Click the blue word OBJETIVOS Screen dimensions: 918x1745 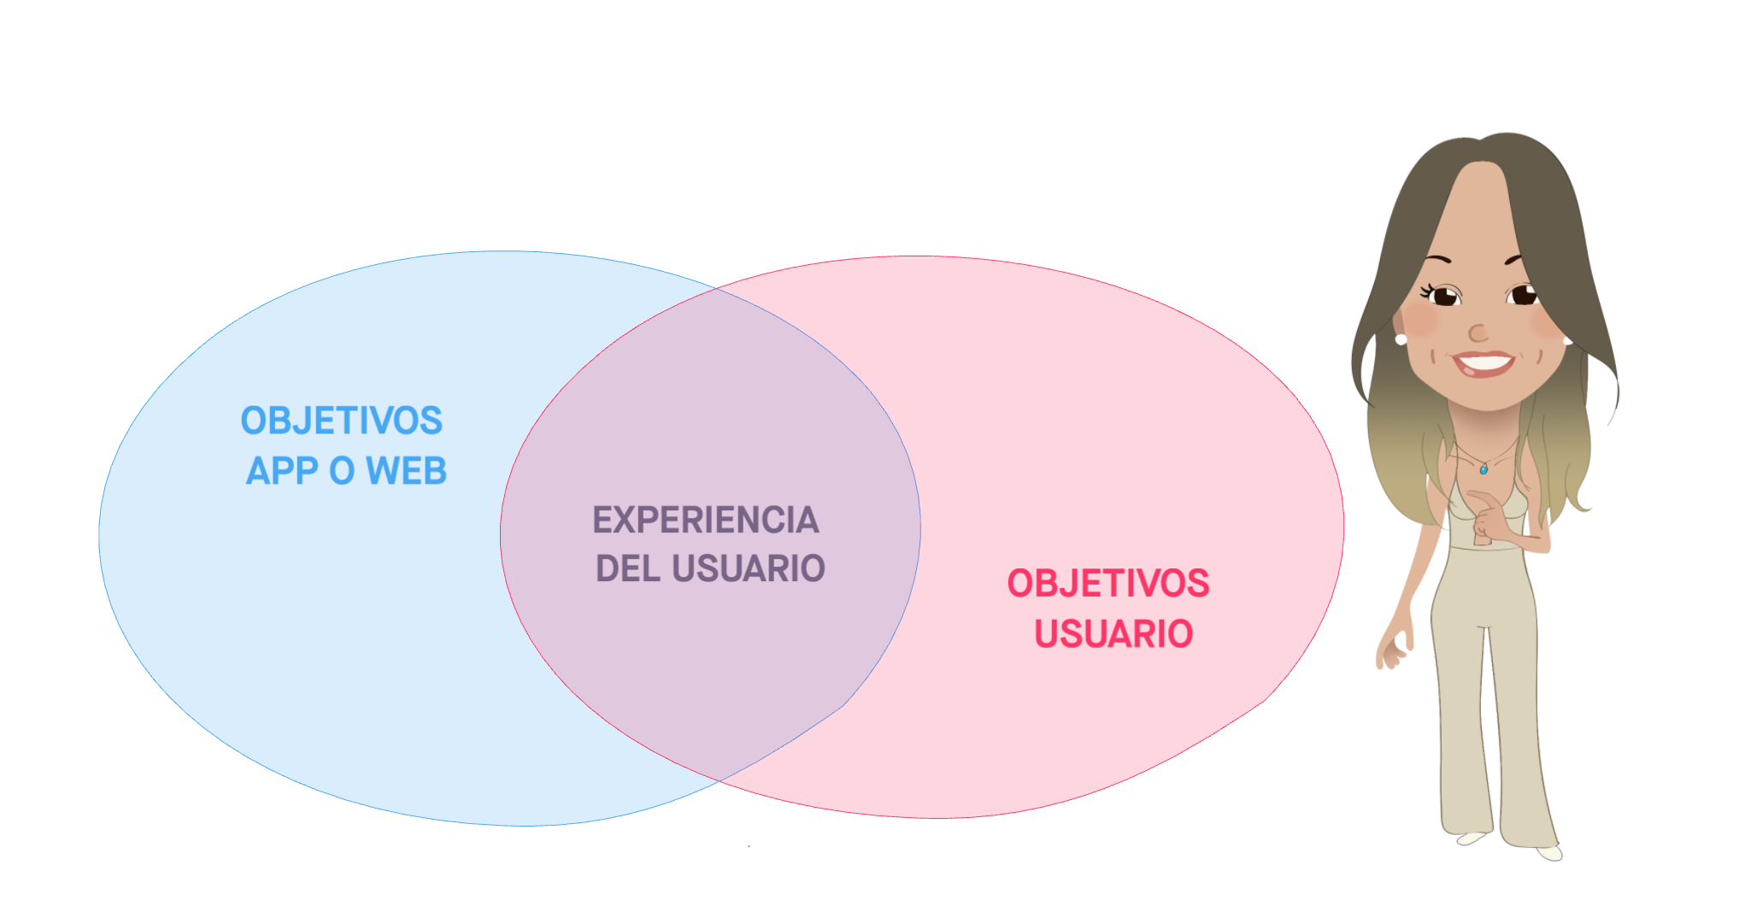[x=341, y=421]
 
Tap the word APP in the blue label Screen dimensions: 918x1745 [x=282, y=471]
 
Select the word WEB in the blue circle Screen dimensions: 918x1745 [x=406, y=471]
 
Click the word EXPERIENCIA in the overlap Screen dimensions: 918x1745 [x=706, y=520]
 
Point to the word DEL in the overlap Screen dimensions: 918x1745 [x=626, y=568]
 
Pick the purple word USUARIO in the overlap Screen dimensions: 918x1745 [x=749, y=568]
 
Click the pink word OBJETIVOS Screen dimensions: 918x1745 [x=1108, y=584]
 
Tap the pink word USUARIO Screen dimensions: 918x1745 [x=1113, y=634]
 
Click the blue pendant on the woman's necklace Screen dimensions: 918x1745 [x=1484, y=469]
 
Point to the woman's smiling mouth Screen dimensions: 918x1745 [x=1484, y=363]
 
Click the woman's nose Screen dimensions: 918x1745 [x=1478, y=332]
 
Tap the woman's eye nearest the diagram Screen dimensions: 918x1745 [x=1444, y=297]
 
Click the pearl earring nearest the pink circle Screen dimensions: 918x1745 [x=1401, y=339]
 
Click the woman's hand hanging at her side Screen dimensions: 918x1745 [x=1391, y=652]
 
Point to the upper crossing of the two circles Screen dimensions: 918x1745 [x=716, y=289]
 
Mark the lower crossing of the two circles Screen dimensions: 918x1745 [x=719, y=780]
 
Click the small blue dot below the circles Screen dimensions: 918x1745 [x=749, y=846]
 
